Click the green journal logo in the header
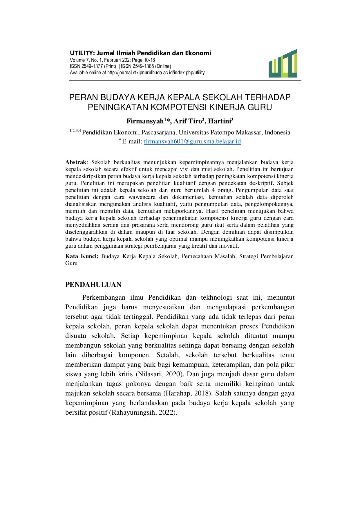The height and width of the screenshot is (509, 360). [283, 64]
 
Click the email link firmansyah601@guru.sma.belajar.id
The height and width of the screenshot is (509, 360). [192, 142]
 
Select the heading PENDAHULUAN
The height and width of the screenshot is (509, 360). [93, 285]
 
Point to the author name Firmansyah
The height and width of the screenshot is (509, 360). [145, 121]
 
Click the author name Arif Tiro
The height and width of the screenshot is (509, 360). [188, 121]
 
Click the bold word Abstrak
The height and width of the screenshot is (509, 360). [76, 162]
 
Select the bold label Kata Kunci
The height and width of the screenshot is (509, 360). [82, 256]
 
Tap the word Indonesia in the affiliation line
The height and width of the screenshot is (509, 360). [278, 132]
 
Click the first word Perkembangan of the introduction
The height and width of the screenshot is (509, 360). [104, 297]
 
